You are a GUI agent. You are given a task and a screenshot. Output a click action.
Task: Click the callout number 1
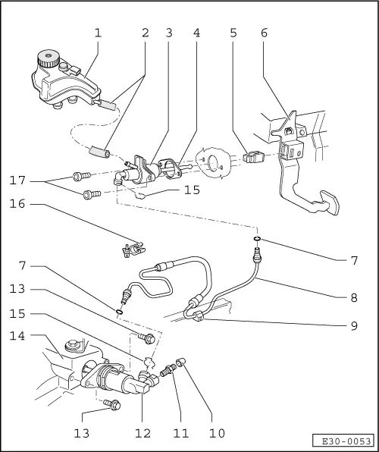98,33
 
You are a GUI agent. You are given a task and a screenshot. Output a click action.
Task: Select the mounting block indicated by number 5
253,157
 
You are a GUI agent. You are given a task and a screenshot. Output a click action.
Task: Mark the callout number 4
196,33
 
